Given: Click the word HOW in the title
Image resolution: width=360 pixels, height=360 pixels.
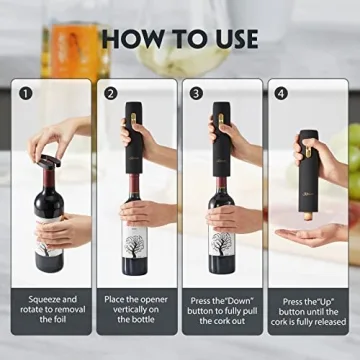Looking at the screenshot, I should (128, 38).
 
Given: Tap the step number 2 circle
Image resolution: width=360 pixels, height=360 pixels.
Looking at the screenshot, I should (109, 96).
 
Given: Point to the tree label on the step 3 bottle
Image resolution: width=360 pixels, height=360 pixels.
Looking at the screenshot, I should (223, 240).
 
